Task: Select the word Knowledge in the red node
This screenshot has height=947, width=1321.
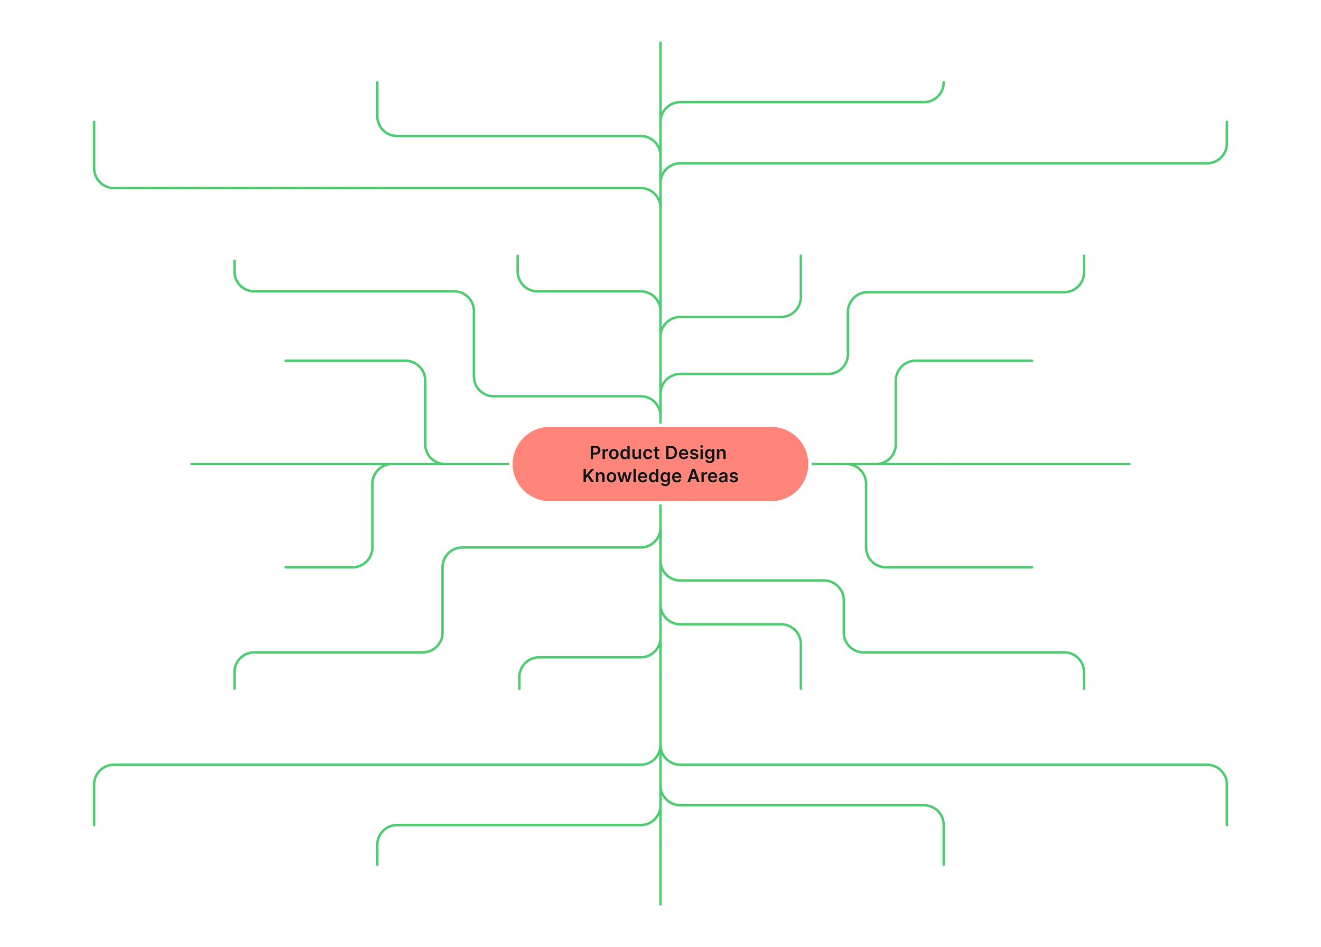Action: [x=631, y=476]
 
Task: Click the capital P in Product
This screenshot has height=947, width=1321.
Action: [x=594, y=453]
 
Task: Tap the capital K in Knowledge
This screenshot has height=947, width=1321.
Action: [x=588, y=476]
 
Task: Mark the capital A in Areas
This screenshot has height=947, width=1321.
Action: [x=693, y=476]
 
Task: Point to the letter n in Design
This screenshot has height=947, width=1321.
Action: [x=721, y=453]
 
